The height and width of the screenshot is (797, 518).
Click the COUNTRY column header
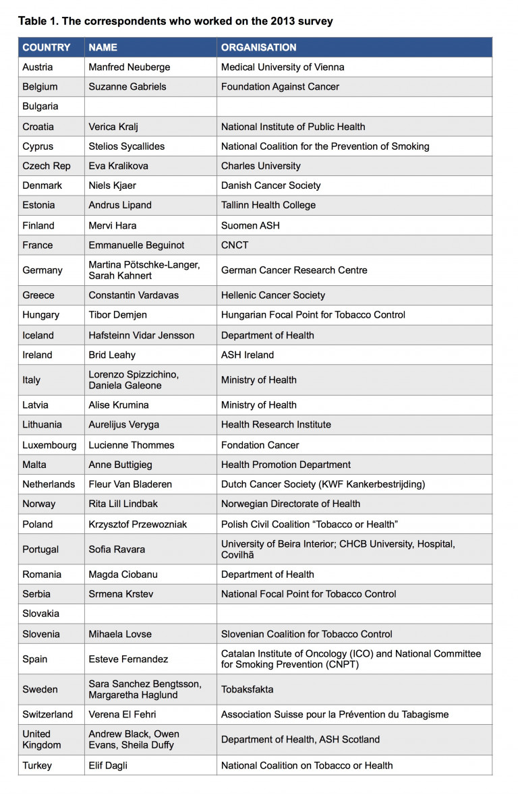coord(46,47)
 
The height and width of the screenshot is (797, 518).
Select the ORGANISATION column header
coord(258,47)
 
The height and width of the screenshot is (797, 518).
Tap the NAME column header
coord(103,47)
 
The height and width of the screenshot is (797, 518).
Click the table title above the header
coord(175,21)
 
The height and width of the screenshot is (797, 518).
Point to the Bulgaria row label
coord(40,107)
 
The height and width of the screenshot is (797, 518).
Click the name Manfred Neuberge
coord(129,67)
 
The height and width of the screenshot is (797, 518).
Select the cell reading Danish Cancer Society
coord(270,185)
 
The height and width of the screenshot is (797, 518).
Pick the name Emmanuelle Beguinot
coord(136,245)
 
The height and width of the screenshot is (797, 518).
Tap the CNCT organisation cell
coord(235,245)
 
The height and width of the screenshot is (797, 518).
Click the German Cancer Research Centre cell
coord(294,270)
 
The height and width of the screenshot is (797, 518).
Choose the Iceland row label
coord(38,335)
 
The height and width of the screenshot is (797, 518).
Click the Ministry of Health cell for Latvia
coord(258,405)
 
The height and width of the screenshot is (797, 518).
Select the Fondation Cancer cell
coord(260,445)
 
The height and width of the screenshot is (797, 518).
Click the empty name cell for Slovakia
coord(150,614)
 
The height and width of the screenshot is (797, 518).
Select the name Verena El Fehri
coord(125,714)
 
